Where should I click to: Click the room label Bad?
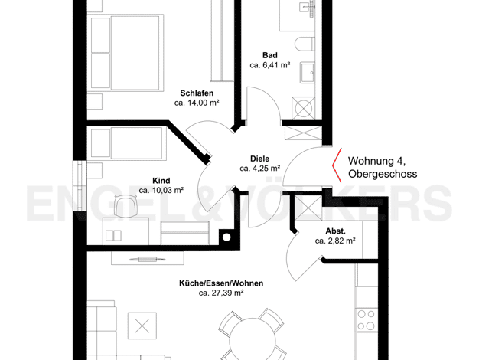point(270,55)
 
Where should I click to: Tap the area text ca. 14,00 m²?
point(197,103)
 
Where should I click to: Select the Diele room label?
point(260,159)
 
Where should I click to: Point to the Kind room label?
point(161,181)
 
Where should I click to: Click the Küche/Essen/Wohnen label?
point(221,283)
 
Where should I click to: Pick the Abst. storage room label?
point(335,231)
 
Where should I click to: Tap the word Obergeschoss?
point(383,174)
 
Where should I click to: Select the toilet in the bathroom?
point(305,44)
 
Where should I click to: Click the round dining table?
point(253,339)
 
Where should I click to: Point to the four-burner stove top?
point(367,320)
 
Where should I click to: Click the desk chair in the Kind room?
point(125,207)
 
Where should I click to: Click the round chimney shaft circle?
point(226,237)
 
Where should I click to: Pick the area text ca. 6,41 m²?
point(270,65)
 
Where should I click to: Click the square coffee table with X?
point(142,326)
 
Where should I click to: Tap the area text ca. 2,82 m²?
point(335,241)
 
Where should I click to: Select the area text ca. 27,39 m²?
point(221,293)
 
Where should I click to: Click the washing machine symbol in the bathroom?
point(303,108)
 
